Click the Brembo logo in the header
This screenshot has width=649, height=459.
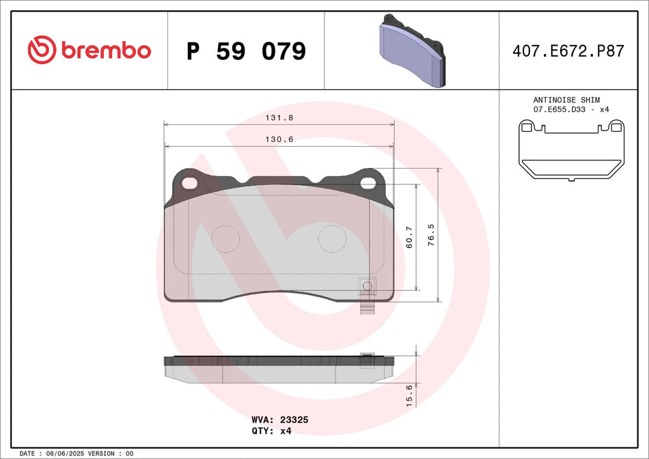(x=89, y=50)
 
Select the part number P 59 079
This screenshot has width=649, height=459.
(x=246, y=51)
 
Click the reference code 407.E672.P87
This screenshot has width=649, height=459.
(x=568, y=51)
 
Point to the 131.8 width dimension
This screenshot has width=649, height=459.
(x=279, y=117)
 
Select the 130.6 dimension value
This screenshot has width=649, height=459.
(x=279, y=139)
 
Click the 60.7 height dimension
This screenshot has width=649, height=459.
(x=409, y=237)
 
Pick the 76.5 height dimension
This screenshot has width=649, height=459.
(x=430, y=235)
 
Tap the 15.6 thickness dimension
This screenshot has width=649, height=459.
(x=409, y=396)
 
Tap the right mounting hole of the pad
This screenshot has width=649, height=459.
(x=370, y=182)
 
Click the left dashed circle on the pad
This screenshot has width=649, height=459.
(x=225, y=238)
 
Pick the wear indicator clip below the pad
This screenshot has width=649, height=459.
(x=368, y=308)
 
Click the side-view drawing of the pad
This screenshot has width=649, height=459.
(x=279, y=369)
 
